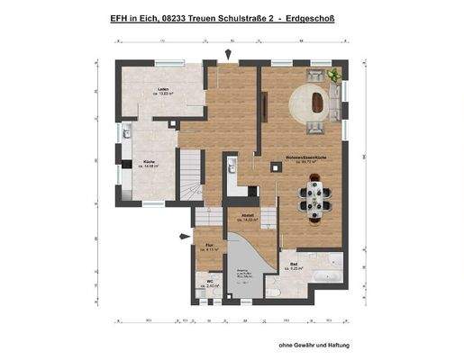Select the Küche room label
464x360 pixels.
tap(150, 164)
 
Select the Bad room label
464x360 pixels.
tap(294, 265)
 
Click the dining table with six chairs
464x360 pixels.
tap(315, 200)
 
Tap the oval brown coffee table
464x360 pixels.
tap(318, 101)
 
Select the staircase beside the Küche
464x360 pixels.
tap(191, 175)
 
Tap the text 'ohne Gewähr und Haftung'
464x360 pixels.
tap(313, 345)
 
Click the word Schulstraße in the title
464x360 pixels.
tap(237, 17)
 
